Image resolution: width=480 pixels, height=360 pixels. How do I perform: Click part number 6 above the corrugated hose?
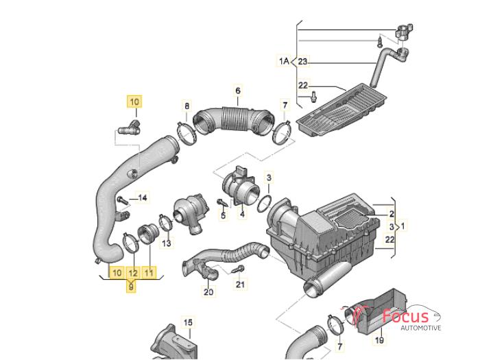coord(238,91)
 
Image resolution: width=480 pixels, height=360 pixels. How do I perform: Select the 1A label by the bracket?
coord(284,62)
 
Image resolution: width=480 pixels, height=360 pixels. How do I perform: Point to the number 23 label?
coord(304,62)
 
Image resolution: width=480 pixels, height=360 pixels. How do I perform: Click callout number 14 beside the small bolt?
coord(142,198)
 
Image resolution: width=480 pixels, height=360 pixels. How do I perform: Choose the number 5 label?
coord(223,215)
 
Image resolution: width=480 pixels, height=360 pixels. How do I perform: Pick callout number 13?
coord(167,242)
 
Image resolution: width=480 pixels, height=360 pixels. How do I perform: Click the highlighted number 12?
coord(133,273)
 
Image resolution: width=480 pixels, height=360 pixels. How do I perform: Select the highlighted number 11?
coord(149,273)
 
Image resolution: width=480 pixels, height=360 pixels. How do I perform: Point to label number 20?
coord(208,292)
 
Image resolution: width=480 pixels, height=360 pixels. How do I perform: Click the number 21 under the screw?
coord(240,284)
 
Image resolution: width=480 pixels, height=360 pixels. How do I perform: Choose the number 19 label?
coord(379,339)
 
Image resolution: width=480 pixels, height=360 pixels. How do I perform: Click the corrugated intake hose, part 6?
coord(233,120)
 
